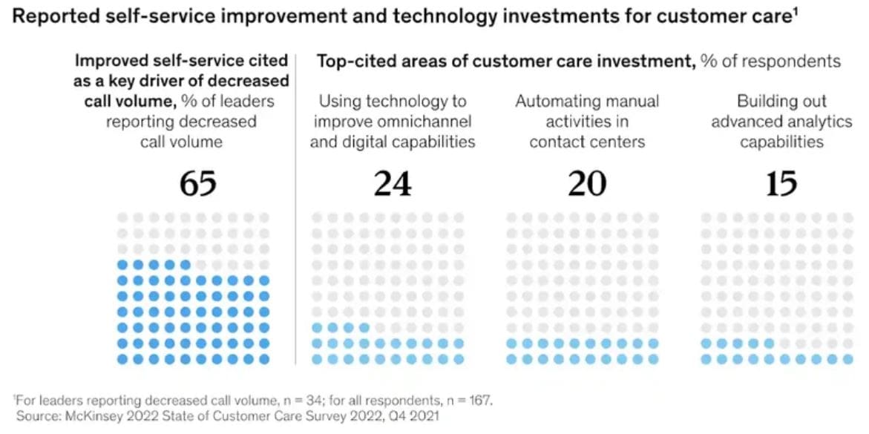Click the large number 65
tap(198, 183)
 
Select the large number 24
tap(393, 183)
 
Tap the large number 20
tap(587, 183)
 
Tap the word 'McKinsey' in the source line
tap(87, 416)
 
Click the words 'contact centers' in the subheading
tap(586, 141)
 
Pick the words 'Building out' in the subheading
tap(781, 102)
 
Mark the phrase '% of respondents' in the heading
tap(770, 62)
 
